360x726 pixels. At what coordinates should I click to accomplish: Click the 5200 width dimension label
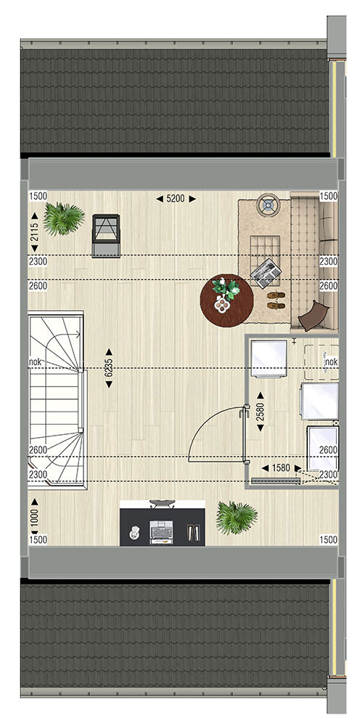[x=176, y=199]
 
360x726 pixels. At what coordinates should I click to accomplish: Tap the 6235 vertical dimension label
[x=109, y=367]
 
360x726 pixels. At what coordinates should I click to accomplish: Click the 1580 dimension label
[x=282, y=468]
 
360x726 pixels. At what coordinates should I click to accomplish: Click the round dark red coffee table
[x=226, y=301]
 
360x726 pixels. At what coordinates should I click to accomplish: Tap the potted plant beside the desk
[x=237, y=518]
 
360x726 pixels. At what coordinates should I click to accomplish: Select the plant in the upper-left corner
[x=64, y=219]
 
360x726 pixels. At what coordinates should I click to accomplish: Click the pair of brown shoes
[x=276, y=300]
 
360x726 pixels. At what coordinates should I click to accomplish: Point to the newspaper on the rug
[x=266, y=273]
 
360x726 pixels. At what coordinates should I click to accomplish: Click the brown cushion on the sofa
[x=314, y=315]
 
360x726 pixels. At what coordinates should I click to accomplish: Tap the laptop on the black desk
[x=161, y=531]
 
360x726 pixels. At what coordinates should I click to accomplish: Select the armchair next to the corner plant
[x=106, y=235]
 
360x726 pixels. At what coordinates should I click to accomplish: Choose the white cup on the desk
[x=134, y=533]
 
